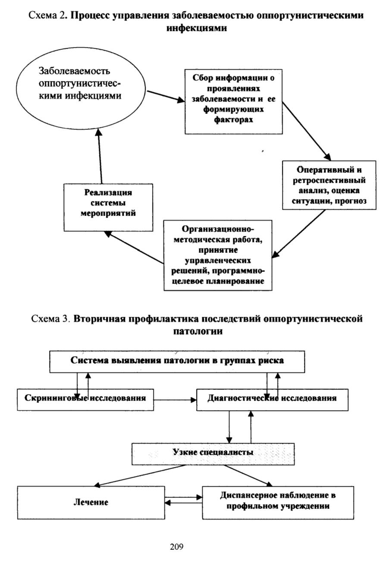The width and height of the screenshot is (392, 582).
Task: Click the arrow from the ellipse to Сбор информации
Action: click(x=166, y=96)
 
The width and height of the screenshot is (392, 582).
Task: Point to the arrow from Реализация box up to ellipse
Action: click(x=100, y=157)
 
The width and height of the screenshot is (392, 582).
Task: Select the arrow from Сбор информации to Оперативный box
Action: click(x=307, y=131)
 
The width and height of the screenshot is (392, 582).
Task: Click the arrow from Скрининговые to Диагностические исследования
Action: click(x=175, y=400)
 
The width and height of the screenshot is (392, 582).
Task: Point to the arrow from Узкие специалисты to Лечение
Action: click(x=140, y=475)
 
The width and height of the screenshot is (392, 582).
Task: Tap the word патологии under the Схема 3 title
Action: click(x=198, y=331)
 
